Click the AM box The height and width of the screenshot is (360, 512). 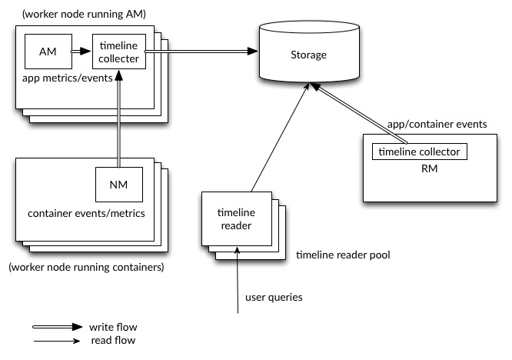(x=45, y=51)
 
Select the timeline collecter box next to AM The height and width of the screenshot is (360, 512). (x=118, y=51)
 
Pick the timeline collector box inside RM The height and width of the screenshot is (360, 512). (x=419, y=152)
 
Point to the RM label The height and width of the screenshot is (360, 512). (x=419, y=168)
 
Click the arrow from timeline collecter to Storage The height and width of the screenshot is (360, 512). (x=200, y=52)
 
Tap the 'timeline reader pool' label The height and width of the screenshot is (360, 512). (x=343, y=253)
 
